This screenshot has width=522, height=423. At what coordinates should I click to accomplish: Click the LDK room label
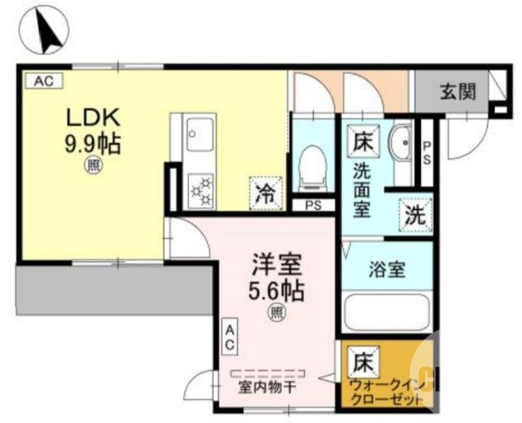coord(93,117)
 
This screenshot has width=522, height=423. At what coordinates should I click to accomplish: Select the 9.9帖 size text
coord(92,144)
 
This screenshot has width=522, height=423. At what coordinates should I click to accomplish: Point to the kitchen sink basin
coord(200,136)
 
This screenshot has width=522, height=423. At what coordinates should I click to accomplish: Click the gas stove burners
coord(201,189)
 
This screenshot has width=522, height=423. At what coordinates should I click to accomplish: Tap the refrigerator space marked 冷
coord(266,193)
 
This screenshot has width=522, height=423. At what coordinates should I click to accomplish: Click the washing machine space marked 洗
coord(415,215)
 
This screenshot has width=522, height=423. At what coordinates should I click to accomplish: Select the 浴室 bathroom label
coord(387,269)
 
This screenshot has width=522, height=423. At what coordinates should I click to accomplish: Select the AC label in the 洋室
coord(230,337)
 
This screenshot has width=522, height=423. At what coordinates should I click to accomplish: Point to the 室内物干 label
coord(267,387)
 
